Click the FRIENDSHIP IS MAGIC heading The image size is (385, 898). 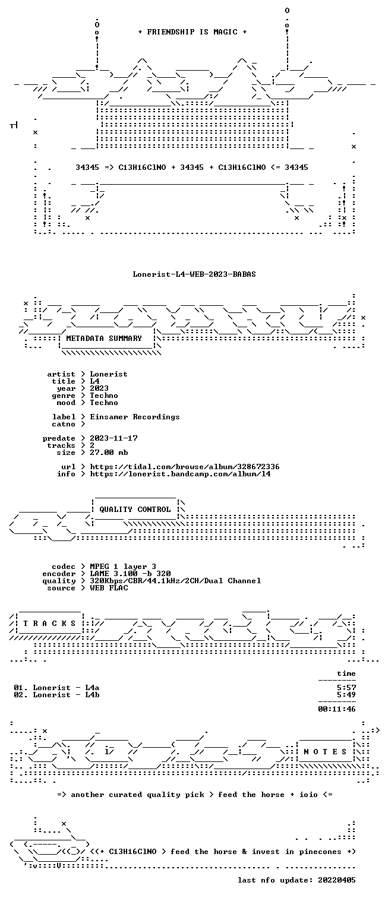pyautogui.click(x=192, y=32)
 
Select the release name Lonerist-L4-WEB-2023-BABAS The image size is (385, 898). pyautogui.click(x=194, y=274)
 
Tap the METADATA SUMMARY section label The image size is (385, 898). pyautogui.click(x=104, y=339)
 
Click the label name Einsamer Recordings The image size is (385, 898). pyautogui.click(x=135, y=417)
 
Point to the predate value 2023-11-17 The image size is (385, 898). pyautogui.click(x=113, y=438)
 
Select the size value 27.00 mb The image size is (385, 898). pyautogui.click(x=109, y=453)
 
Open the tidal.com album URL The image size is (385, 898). pyautogui.click(x=184, y=467)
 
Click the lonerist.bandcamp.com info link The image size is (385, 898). pyautogui.click(x=180, y=474)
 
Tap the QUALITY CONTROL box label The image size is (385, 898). pyautogui.click(x=135, y=510)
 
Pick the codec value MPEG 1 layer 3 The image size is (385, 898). pyautogui.click(x=123, y=567)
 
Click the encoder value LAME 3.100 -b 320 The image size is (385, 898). pyautogui.click(x=130, y=574)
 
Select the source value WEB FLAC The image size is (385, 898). pyautogui.click(x=109, y=588)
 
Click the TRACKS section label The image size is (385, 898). pyautogui.click(x=49, y=624)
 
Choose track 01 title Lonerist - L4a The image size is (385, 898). pyautogui.click(x=66, y=688)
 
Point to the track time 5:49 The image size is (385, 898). pyautogui.click(x=346, y=695)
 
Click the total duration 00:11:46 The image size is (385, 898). pyautogui.click(x=336, y=709)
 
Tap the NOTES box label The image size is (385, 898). pyautogui.click(x=325, y=752)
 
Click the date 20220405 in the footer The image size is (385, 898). pyautogui.click(x=336, y=880)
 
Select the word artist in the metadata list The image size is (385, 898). pyautogui.click(x=61, y=374)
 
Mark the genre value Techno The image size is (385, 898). pyautogui.click(x=104, y=396)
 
